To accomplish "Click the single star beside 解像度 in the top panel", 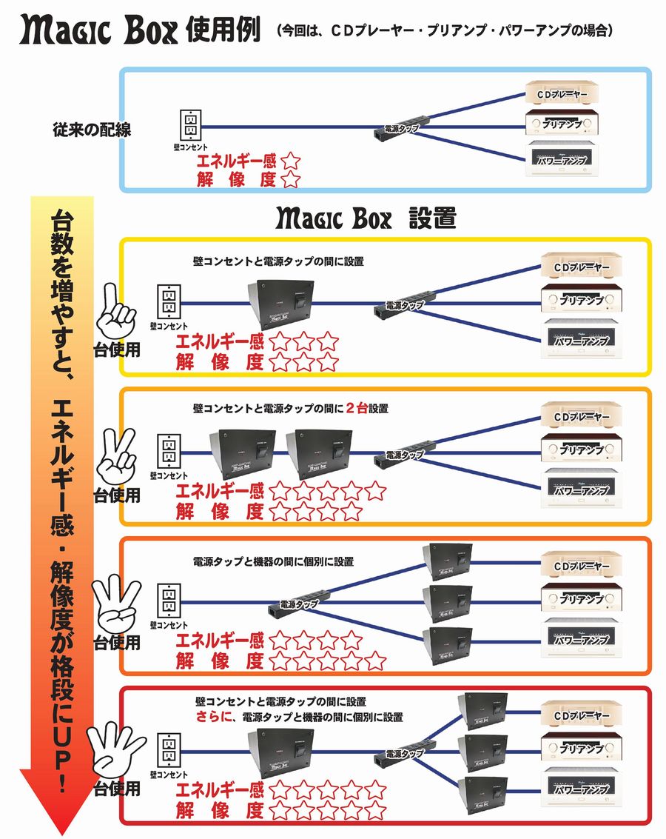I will [x=291, y=179].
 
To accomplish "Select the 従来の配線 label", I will [x=92, y=130].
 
